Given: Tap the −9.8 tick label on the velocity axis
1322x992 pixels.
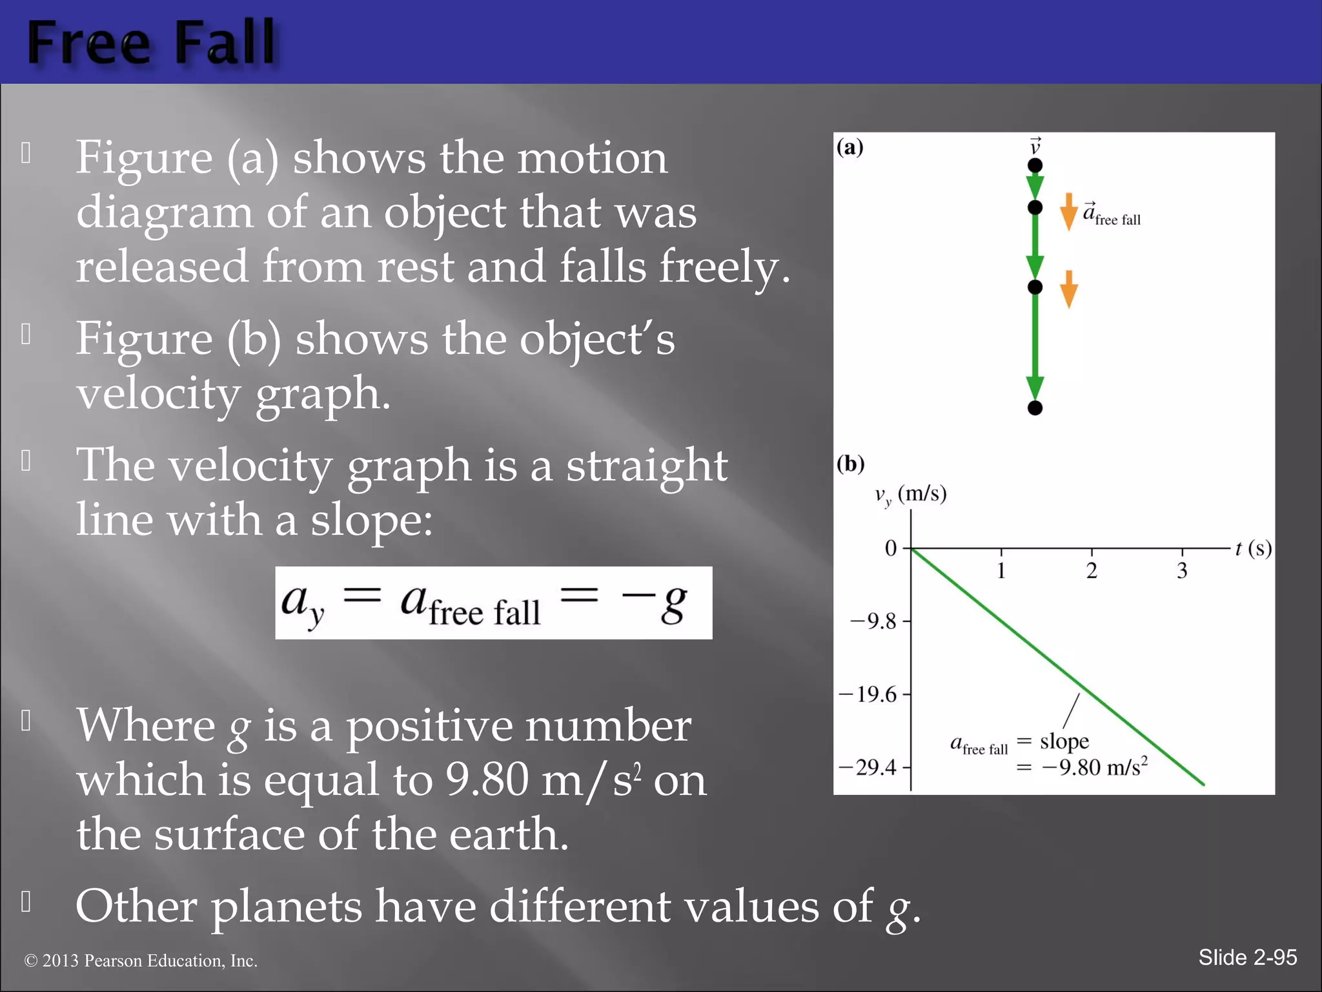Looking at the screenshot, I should pyautogui.click(x=873, y=622).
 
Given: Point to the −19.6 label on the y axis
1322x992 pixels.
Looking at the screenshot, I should pyautogui.click(x=868, y=695).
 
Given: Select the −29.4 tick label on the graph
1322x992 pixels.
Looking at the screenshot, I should pyautogui.click(x=868, y=768).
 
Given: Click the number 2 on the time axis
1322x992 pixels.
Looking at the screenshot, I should pyautogui.click(x=1092, y=571).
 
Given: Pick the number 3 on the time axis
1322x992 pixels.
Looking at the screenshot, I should pyautogui.click(x=1182, y=571).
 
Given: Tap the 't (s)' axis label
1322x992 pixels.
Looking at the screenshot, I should pyautogui.click(x=1253, y=549).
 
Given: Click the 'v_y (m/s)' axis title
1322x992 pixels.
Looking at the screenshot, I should pyautogui.click(x=910, y=495).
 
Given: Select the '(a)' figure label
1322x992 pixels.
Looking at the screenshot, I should pyautogui.click(x=849, y=147).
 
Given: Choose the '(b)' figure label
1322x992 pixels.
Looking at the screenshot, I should pyautogui.click(x=850, y=464).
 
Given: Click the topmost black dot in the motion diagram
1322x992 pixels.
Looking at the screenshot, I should pyautogui.click(x=1035, y=166).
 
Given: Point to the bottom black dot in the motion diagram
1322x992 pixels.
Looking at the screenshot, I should pyautogui.click(x=1035, y=408).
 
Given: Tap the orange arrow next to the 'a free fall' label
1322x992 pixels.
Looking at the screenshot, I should pyautogui.click(x=1068, y=212).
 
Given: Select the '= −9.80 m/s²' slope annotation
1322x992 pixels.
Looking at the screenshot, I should pyautogui.click(x=1082, y=768).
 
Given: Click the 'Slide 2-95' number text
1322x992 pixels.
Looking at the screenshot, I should pyautogui.click(x=1247, y=957).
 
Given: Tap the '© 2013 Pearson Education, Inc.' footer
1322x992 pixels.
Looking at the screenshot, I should pyautogui.click(x=141, y=961).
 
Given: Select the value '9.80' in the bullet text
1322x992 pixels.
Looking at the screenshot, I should pyautogui.click(x=487, y=780).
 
